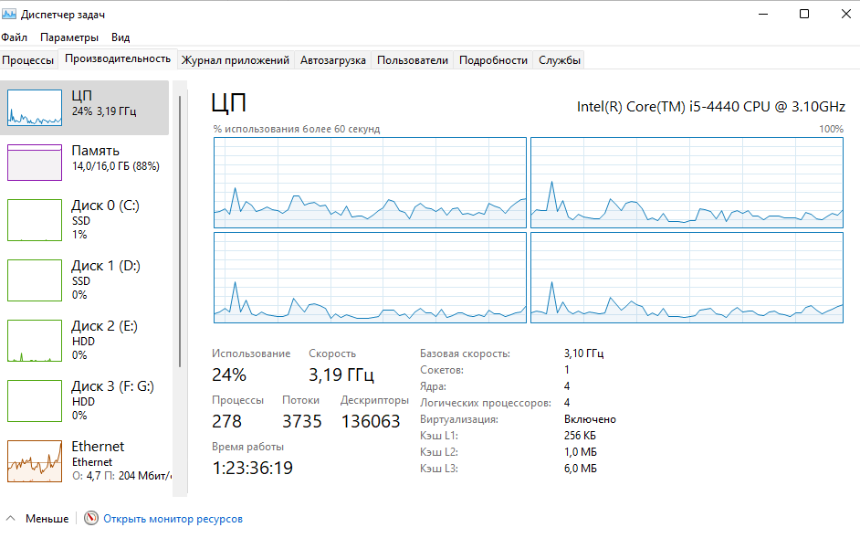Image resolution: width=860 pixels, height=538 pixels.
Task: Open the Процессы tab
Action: click(x=28, y=60)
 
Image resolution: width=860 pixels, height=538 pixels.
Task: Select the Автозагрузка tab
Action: click(x=333, y=60)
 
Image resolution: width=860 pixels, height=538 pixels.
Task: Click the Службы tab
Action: click(x=560, y=60)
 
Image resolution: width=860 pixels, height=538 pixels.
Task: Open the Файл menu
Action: click(x=15, y=37)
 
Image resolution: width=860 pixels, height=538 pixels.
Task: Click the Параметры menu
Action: click(x=69, y=37)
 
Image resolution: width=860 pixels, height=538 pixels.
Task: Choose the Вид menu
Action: click(x=121, y=37)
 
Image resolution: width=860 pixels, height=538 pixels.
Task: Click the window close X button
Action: click(x=845, y=14)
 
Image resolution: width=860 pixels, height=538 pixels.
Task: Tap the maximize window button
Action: click(x=804, y=14)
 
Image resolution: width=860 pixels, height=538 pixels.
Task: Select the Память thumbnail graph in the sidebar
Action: click(x=35, y=163)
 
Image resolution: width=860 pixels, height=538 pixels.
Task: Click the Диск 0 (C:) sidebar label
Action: click(x=105, y=206)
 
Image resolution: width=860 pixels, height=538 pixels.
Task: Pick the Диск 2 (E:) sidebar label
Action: click(x=104, y=326)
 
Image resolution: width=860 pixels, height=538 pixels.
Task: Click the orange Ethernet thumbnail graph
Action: click(x=35, y=461)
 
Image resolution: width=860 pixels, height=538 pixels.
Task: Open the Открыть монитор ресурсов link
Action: click(x=173, y=519)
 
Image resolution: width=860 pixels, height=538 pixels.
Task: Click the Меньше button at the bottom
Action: click(x=47, y=519)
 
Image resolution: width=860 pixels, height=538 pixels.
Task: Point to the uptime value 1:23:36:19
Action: click(x=252, y=468)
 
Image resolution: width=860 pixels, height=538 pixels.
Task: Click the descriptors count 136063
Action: click(x=371, y=421)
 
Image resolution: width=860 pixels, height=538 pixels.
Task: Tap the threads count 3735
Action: click(x=301, y=421)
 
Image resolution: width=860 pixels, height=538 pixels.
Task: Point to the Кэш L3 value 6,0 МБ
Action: click(x=581, y=469)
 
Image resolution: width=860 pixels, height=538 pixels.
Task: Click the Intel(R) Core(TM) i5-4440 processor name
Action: click(x=711, y=107)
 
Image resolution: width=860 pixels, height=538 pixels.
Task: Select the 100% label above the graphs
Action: click(x=831, y=129)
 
